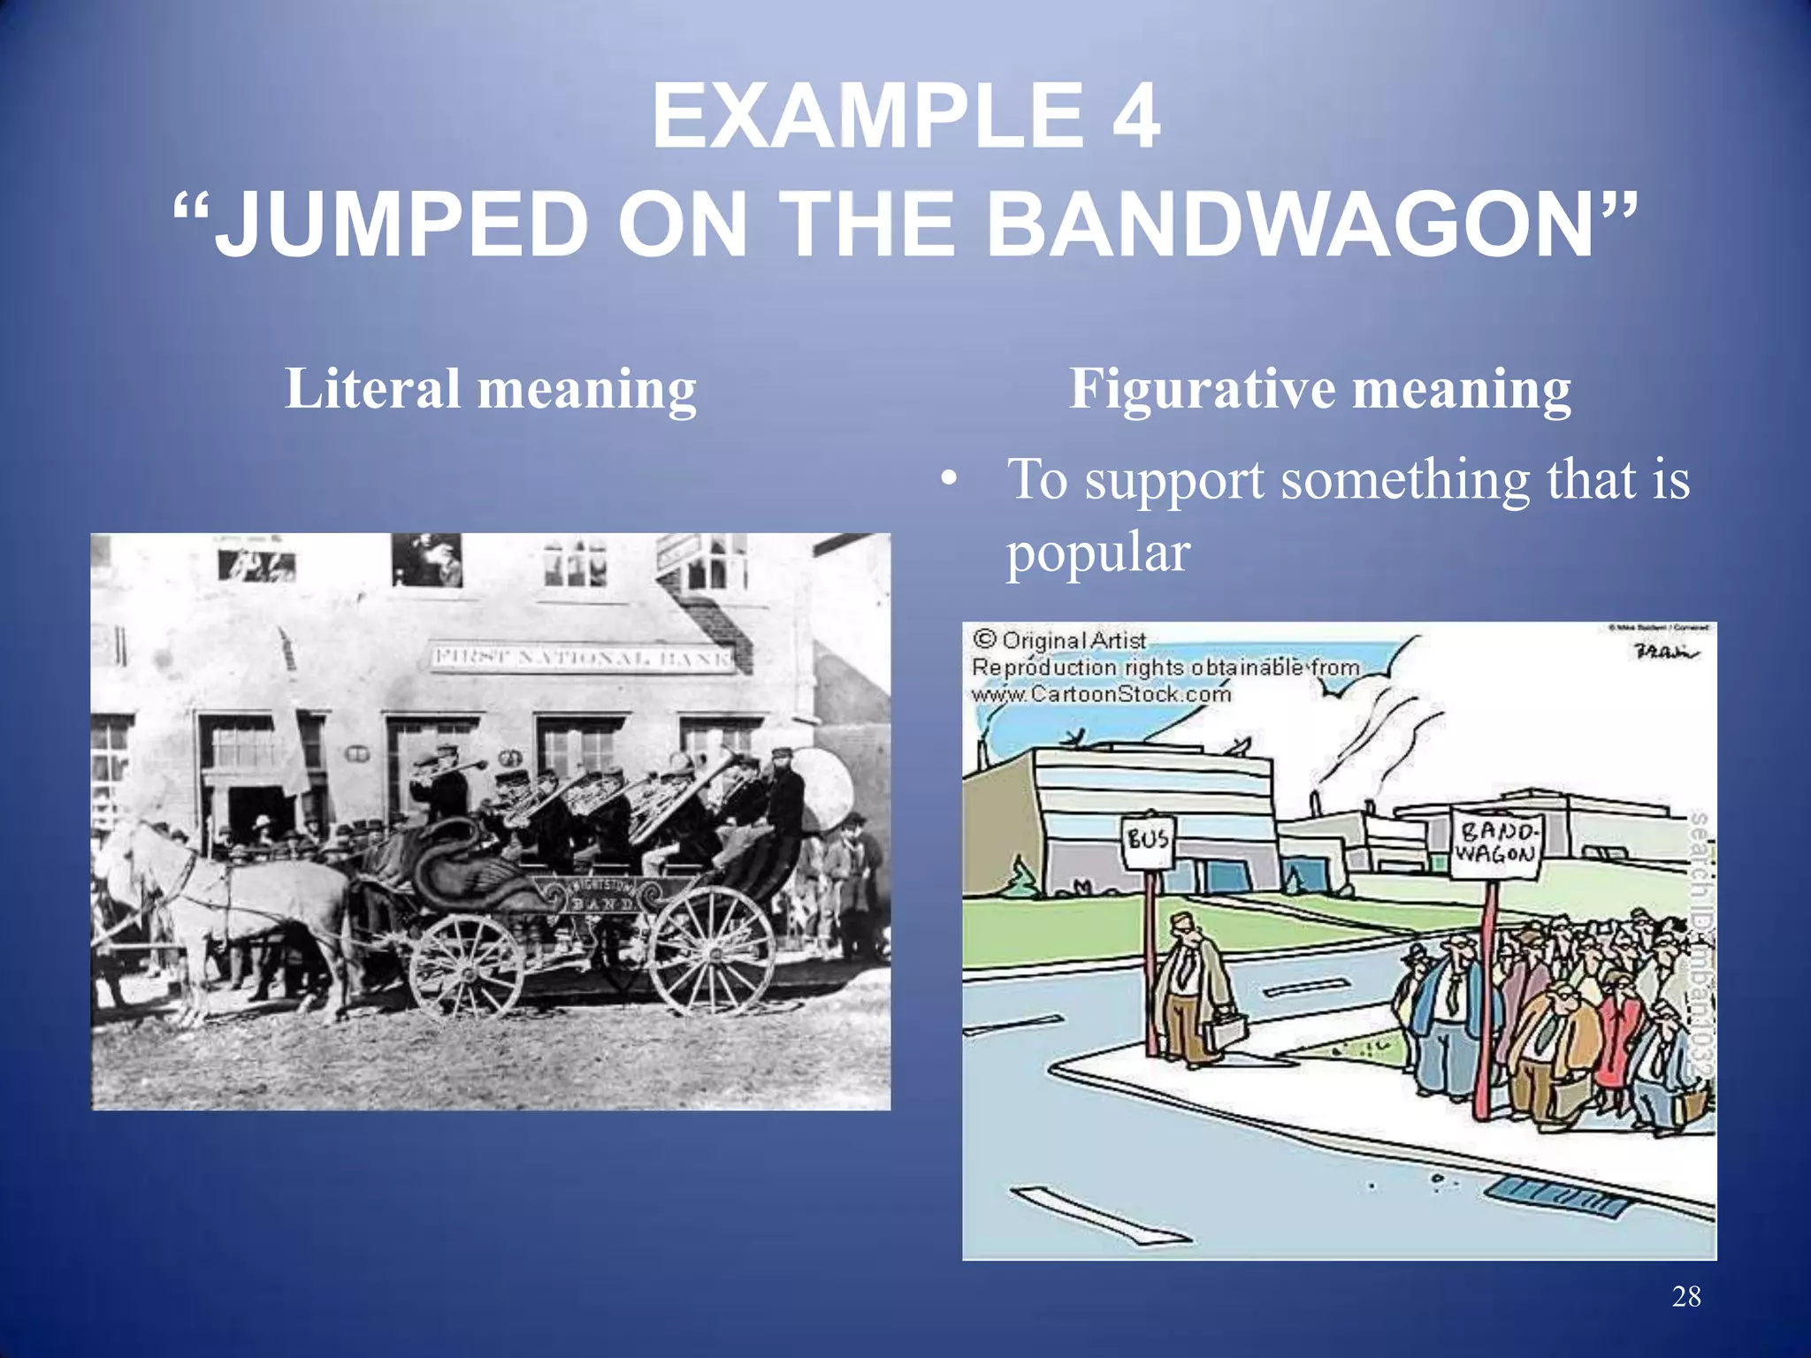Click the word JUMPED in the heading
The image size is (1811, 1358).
[x=402, y=225]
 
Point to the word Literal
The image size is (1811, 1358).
[x=372, y=388]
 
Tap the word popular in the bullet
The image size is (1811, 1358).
[x=1098, y=554]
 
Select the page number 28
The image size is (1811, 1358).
[x=1686, y=1296]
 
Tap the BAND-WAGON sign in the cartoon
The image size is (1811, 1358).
[x=1496, y=843]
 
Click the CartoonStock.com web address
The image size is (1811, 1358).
[x=1101, y=695]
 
